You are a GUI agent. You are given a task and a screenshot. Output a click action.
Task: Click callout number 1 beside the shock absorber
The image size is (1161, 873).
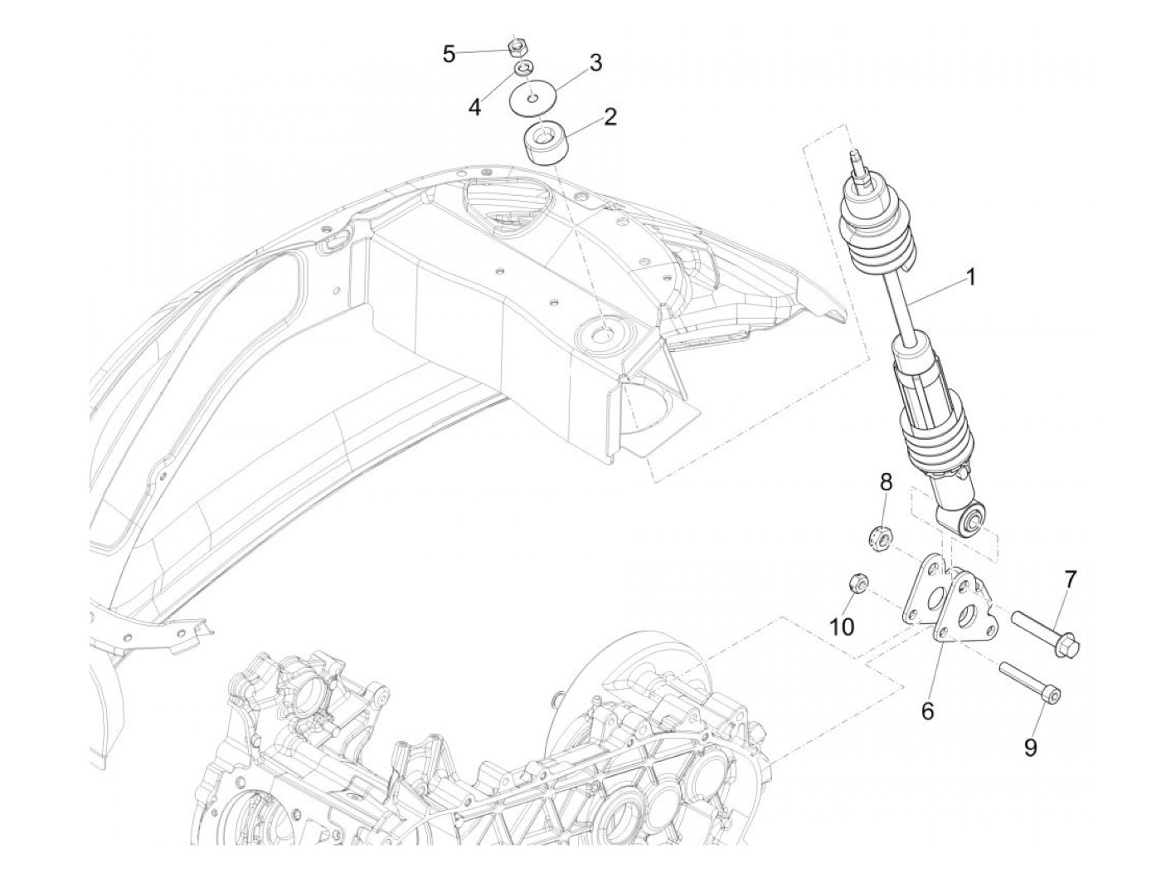969,277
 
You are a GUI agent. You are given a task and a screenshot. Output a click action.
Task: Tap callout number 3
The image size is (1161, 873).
595,62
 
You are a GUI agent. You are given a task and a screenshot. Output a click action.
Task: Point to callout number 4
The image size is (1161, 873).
474,107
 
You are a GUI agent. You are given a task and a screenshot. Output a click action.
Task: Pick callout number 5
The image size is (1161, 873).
449,56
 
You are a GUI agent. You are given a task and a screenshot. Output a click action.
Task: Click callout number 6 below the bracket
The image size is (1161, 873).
927,710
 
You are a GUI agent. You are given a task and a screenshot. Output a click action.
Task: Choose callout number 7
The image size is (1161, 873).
1070,580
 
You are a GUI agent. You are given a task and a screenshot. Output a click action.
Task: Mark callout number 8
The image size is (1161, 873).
886,482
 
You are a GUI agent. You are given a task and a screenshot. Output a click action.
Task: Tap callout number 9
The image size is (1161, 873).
1030,748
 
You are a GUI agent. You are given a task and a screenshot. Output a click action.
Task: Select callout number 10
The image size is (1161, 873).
842,627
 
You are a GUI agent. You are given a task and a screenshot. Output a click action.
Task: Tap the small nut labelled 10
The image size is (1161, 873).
856,584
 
